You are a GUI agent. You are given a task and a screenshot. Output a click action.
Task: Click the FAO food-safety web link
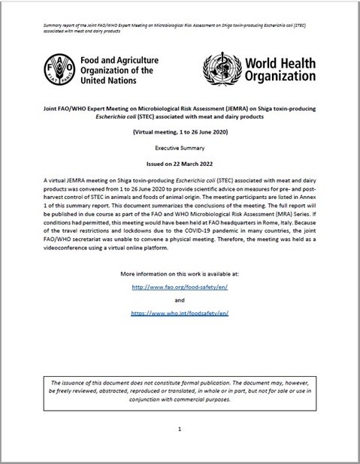pyautogui.click(x=180, y=286)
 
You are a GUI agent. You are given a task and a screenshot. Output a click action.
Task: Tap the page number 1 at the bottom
pyautogui.click(x=180, y=429)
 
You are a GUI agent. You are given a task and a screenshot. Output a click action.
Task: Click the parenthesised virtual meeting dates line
pyautogui.click(x=180, y=131)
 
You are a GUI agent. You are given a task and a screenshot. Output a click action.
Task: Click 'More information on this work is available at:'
pyautogui.click(x=180, y=270)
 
